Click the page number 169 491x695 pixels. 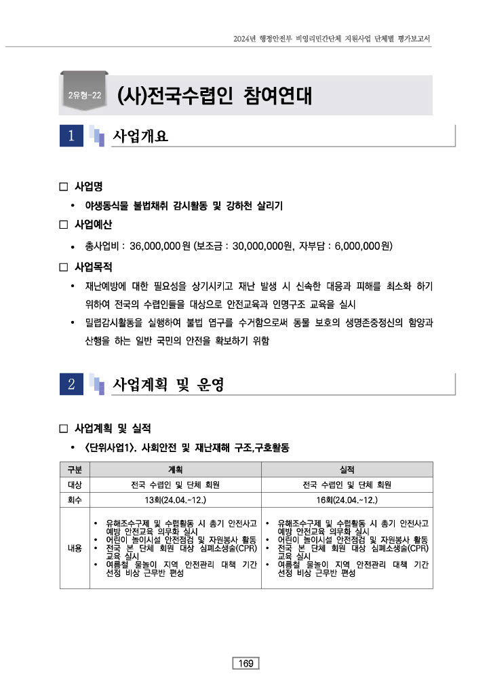point(245,663)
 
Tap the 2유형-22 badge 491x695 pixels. point(85,96)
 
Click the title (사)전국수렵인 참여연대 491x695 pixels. point(214,96)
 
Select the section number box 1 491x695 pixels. point(71,136)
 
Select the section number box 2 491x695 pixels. point(71,384)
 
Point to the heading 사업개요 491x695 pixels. point(140,136)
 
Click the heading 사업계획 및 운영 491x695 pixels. point(168,385)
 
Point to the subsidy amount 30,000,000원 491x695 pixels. point(257,245)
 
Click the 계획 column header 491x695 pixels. point(175,470)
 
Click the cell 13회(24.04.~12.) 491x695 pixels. point(175,500)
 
